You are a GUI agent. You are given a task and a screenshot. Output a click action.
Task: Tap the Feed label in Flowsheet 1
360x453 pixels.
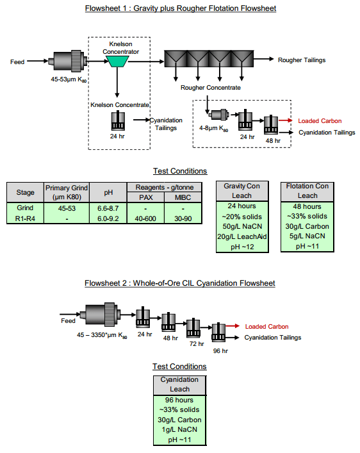17,62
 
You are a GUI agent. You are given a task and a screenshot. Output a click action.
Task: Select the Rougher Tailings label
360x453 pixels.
301,60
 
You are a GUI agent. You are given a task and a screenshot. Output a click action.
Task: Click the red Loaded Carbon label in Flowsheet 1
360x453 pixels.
320,120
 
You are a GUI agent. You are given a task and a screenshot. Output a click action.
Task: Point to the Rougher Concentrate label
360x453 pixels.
211,87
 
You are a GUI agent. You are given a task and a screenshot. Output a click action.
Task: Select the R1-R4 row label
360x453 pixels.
25,218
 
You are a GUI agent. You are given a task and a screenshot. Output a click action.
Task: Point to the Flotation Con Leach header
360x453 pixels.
307,190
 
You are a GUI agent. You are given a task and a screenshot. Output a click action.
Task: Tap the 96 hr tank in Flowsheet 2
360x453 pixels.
220,333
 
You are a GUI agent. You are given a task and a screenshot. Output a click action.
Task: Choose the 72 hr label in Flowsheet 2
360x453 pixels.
195,343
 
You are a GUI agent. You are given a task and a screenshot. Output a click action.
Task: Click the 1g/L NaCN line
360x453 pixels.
179,430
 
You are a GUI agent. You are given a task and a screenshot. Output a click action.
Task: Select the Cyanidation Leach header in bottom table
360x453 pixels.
179,384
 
